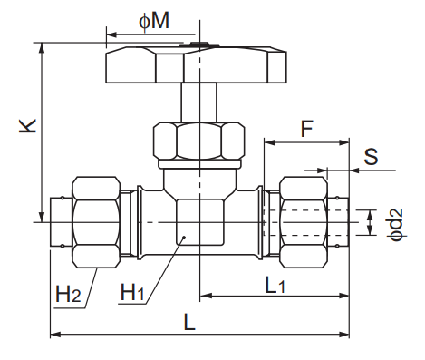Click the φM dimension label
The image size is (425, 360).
point(153,21)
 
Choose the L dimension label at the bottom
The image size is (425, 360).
point(188,323)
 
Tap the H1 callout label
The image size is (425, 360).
point(133,293)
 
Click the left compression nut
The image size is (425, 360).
point(96,221)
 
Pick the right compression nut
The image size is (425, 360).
point(304,221)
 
